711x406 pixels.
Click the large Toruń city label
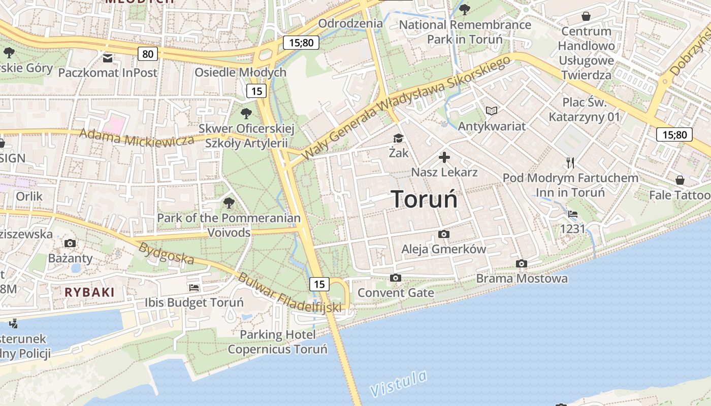(x=424, y=199)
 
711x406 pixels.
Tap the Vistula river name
(x=398, y=384)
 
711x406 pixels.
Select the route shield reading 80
(x=147, y=54)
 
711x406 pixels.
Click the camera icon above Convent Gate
(x=396, y=278)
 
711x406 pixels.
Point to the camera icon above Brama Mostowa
(x=521, y=263)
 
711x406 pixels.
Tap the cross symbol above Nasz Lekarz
(x=444, y=157)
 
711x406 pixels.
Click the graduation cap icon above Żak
(x=398, y=138)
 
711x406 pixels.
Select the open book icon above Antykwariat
(x=491, y=111)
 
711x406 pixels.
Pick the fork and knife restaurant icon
(x=570, y=163)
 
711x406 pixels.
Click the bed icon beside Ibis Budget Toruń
(x=194, y=288)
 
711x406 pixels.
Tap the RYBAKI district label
(x=90, y=292)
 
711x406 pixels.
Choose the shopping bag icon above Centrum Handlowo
(x=586, y=16)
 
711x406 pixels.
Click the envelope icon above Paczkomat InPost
(x=108, y=58)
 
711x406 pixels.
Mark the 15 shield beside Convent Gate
(x=319, y=284)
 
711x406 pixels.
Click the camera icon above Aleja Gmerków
(x=443, y=234)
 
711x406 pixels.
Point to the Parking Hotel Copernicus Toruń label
(x=277, y=342)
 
